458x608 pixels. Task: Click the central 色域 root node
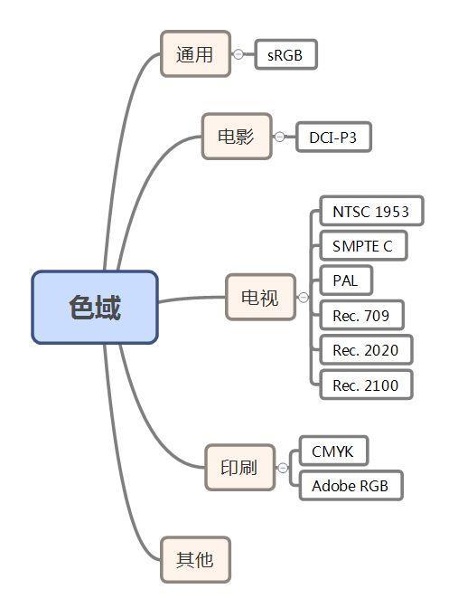coord(95,308)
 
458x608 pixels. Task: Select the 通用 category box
coord(194,54)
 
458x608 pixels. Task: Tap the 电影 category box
coord(236,137)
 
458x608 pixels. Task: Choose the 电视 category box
coord(260,298)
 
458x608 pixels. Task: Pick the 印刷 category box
coord(239,467)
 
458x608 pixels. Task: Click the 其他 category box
coord(194,559)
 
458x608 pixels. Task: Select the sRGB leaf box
coord(285,54)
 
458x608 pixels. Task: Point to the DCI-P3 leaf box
coord(333,137)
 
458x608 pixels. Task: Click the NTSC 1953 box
coord(370,212)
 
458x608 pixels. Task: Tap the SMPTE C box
coord(362,246)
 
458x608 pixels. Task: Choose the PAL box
coord(345,280)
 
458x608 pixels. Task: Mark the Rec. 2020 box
coord(365,350)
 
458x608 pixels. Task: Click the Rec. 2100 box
coord(365,385)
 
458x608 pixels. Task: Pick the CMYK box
coord(333,451)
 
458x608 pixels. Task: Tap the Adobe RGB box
coord(350,486)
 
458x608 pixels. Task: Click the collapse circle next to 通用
coord(238,54)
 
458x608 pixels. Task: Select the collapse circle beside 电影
coord(280,137)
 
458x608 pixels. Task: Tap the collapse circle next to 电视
coord(304,298)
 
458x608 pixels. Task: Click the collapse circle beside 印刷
coord(283,468)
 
